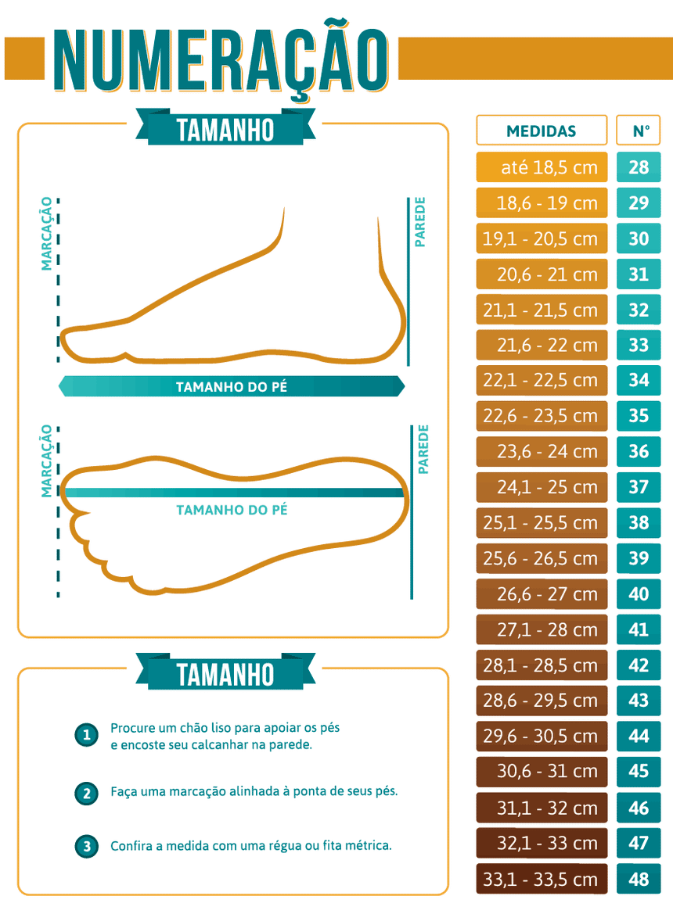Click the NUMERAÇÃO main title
coord(221,60)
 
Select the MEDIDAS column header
coord(542,131)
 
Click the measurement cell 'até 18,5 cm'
coord(542,167)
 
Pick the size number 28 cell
coord(639,167)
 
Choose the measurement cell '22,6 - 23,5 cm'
coord(542,416)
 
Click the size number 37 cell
coord(639,487)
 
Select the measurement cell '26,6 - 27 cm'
coord(542,594)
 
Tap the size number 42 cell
coord(639,665)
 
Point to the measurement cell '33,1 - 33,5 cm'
coord(542,879)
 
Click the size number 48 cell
coord(639,879)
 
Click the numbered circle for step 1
coord(86,736)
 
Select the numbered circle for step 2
coord(86,793)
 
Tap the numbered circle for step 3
coord(86,846)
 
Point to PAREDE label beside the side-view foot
coord(420,223)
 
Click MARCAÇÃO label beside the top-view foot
coord(48,461)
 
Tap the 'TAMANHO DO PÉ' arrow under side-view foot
coord(231,386)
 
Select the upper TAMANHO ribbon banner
coord(225,129)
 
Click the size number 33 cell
coord(639,345)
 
